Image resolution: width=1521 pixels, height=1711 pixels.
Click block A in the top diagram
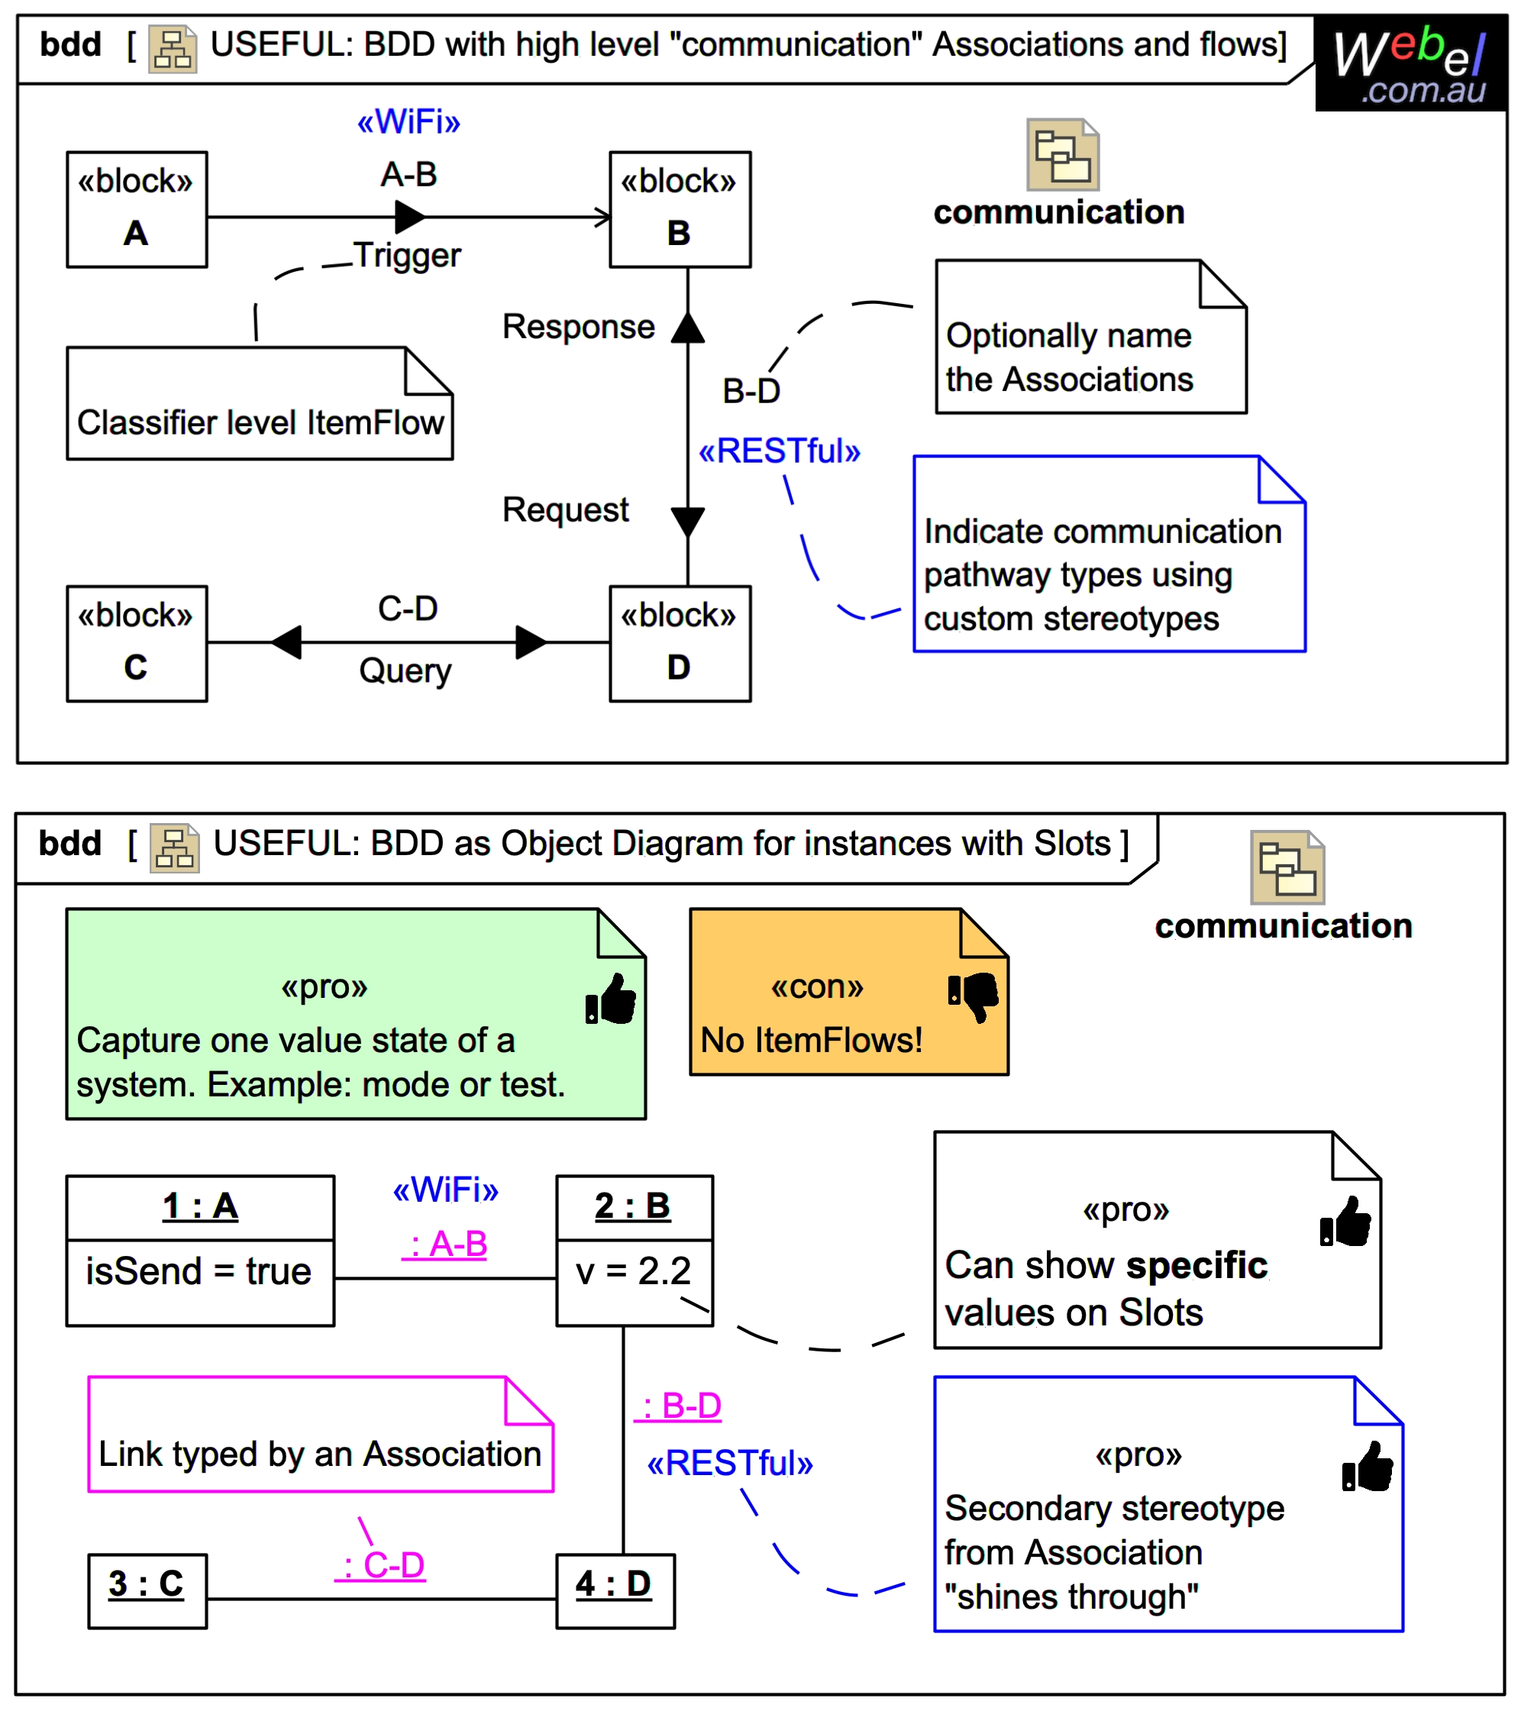(x=137, y=209)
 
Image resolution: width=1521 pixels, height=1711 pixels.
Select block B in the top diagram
(x=679, y=209)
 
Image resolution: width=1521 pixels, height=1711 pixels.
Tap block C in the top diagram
(x=137, y=643)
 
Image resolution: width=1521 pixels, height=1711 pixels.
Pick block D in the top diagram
(x=679, y=643)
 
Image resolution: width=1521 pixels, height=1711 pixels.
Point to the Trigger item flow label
(x=407, y=255)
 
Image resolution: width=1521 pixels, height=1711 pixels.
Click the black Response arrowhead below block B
(x=687, y=328)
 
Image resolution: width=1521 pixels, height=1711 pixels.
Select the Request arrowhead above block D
(x=687, y=521)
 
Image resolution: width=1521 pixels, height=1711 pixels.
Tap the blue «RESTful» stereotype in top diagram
(x=779, y=451)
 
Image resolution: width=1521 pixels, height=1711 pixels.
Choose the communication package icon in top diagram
(x=1061, y=155)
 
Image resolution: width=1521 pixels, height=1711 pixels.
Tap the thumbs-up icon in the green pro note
(x=611, y=998)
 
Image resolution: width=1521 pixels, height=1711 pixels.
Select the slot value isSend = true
(x=199, y=1270)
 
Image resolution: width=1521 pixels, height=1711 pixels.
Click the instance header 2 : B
(x=633, y=1206)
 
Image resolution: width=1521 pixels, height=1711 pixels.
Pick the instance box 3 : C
(x=147, y=1590)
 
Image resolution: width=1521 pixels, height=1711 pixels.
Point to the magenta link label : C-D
(x=381, y=1564)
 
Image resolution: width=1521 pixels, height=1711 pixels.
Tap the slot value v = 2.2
(x=633, y=1270)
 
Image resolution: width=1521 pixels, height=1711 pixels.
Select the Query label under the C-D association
(x=405, y=670)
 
